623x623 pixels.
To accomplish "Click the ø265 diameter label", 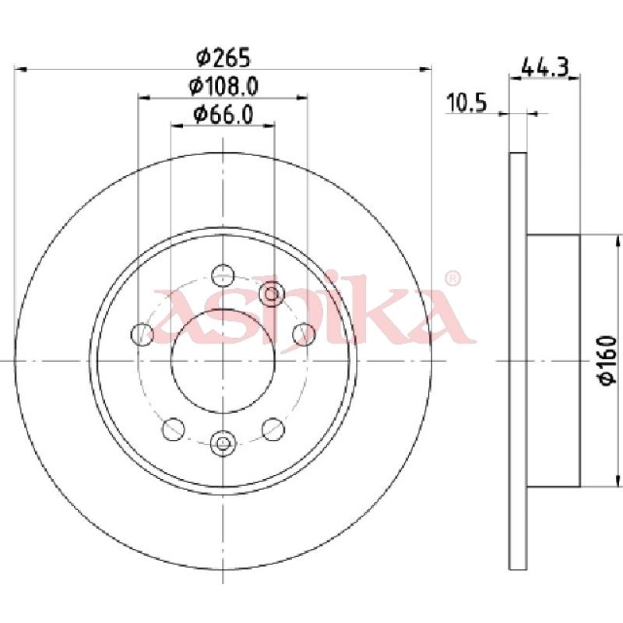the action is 224,57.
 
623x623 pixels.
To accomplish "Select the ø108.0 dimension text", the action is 224,86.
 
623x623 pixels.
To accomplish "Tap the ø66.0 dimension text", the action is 224,114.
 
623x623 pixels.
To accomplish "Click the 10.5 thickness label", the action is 466,103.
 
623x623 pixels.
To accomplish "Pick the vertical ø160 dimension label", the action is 608,360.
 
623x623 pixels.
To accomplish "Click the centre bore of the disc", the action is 223,361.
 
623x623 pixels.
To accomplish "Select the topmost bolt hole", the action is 223,275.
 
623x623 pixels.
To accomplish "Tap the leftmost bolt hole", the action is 142,334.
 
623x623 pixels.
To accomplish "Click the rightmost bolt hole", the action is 304,334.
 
